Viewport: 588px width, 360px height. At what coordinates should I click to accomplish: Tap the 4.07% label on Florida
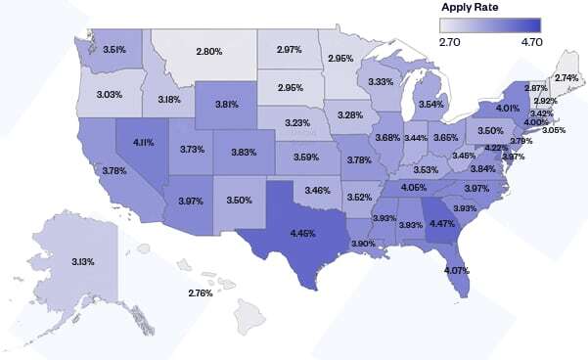(455, 270)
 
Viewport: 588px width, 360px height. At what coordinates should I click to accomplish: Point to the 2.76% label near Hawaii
(201, 292)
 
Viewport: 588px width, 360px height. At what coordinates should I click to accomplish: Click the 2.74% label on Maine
(565, 76)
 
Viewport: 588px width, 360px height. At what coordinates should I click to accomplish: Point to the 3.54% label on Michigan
(431, 104)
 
